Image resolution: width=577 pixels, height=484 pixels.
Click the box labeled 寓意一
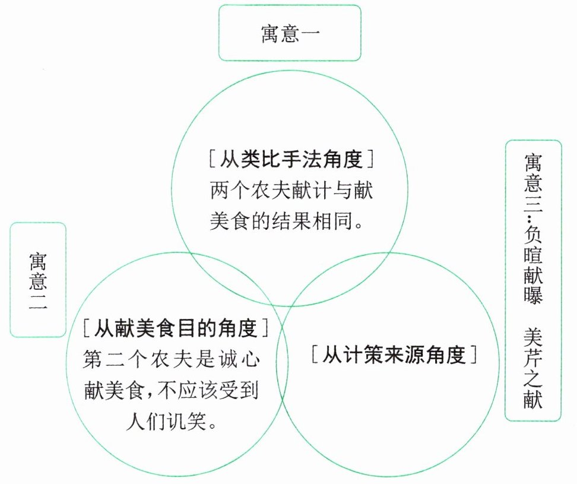[x=290, y=33]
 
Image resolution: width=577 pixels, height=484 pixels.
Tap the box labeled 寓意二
[x=38, y=280]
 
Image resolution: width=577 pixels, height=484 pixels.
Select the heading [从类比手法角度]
[x=290, y=160]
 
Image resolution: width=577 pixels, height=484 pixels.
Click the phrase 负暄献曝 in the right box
[x=533, y=261]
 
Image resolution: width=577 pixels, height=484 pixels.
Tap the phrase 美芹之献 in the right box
[x=533, y=369]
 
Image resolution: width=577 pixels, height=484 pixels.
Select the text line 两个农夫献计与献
[x=291, y=191]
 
